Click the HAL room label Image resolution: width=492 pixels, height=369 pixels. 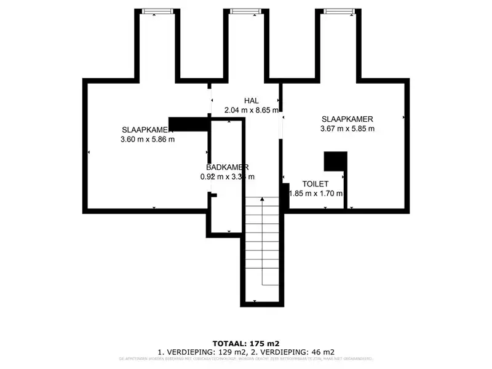pyautogui.click(x=251, y=101)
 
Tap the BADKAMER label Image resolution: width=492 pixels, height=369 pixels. pyautogui.click(x=227, y=167)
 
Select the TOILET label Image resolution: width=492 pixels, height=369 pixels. pyautogui.click(x=315, y=184)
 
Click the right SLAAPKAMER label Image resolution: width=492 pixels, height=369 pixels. pyautogui.click(x=347, y=119)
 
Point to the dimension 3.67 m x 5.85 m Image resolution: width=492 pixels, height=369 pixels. pyautogui.click(x=347, y=129)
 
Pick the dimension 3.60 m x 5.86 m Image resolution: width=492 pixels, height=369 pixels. pyautogui.click(x=148, y=139)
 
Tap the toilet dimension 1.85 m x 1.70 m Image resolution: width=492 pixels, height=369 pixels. pyautogui.click(x=316, y=193)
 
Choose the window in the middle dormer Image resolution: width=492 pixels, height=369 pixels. pyautogui.click(x=245, y=11)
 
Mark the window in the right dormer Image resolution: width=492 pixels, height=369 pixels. pyautogui.click(x=336, y=11)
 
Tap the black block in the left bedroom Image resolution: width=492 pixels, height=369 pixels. pyautogui.click(x=188, y=124)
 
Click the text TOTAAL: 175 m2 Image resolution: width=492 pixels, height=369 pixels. pyautogui.click(x=246, y=343)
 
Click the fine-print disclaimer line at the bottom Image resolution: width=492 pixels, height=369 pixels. pyautogui.click(x=246, y=358)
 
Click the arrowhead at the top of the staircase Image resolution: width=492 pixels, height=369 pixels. pyautogui.click(x=263, y=199)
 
